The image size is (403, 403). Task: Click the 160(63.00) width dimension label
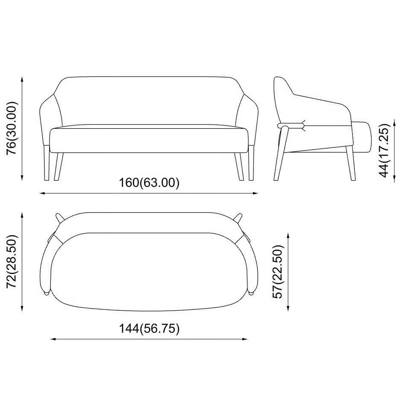[149, 183]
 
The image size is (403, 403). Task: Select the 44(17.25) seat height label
[385, 150]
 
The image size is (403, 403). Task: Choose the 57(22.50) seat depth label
[278, 271]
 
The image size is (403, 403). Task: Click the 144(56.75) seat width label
[149, 329]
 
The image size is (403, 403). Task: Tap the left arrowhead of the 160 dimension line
[42, 193]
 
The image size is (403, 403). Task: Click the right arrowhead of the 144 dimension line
[245, 339]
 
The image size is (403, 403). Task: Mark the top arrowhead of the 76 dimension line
[22, 79]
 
